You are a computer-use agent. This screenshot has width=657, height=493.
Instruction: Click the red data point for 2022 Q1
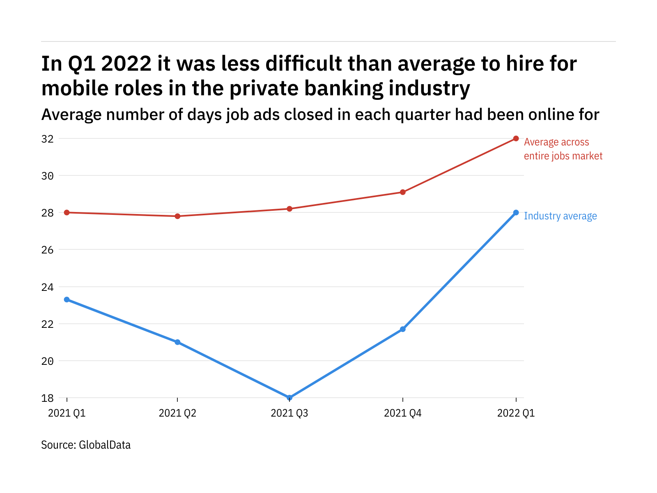[516, 138]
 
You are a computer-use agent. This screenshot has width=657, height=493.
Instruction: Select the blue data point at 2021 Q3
[289, 398]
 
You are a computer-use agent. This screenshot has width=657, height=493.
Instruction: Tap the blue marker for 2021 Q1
[67, 299]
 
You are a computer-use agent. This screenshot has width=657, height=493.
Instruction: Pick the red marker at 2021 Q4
[403, 192]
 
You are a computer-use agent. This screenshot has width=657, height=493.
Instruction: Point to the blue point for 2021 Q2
[177, 342]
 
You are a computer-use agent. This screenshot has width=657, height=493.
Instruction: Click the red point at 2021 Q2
[177, 216]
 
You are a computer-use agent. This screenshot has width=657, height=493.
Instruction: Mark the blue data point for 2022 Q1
[516, 212]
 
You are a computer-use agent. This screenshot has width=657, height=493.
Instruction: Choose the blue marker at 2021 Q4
[403, 329]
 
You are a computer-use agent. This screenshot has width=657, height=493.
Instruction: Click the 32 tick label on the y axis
[47, 139]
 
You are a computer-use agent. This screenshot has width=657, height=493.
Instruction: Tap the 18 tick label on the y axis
[47, 398]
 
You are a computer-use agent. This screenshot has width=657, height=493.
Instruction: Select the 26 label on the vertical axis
[47, 250]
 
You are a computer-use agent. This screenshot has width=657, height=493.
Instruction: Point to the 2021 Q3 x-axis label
[289, 413]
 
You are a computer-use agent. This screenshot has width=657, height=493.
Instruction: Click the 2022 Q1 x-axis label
[516, 413]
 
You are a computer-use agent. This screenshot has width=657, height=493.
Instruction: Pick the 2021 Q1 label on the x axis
[67, 413]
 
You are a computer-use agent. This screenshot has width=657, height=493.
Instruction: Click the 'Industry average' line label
[560, 216]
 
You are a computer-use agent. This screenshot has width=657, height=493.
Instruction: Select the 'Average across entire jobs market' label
[563, 149]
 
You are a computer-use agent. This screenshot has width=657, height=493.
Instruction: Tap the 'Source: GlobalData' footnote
[86, 445]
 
